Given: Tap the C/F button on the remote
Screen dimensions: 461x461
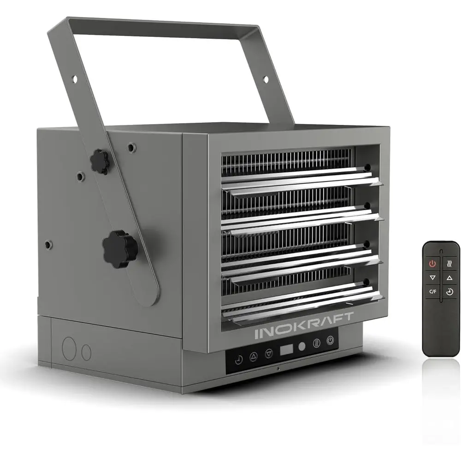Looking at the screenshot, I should (432, 291).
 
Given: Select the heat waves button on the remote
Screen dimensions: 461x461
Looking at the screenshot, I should (449, 264).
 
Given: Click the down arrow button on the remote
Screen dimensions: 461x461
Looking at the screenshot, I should (432, 278).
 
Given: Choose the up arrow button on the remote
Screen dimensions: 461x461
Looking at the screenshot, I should (449, 278).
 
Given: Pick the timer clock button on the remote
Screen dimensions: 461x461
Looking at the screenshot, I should (449, 291).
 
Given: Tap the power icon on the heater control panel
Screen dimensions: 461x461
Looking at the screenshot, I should (330, 341).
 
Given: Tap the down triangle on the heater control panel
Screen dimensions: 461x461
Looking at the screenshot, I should (269, 353).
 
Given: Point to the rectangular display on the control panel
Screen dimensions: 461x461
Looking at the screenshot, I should (286, 349).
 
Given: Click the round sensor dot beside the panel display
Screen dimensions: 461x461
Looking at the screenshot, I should (302, 346).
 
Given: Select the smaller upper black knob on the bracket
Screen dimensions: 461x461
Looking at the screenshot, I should (100, 161).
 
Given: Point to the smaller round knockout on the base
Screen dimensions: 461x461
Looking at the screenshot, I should (86, 352).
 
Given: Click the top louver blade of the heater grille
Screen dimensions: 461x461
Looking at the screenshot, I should (300, 181).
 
